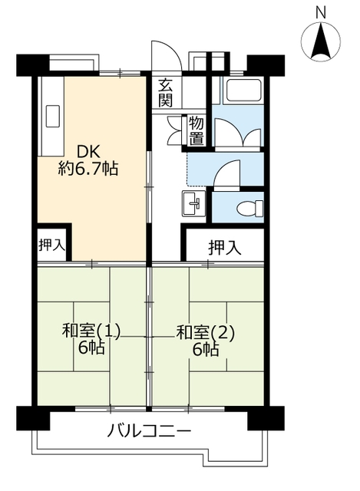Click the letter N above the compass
click(321, 13)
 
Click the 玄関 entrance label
click(166, 94)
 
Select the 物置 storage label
click(197, 131)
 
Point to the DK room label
click(88, 152)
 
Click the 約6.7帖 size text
click(88, 170)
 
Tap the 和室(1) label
click(91, 332)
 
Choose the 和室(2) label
click(206, 332)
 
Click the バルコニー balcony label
click(149, 430)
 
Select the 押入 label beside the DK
click(52, 245)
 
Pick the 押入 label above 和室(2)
click(225, 248)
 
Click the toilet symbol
click(250, 208)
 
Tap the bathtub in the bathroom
click(244, 91)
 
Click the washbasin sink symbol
click(193, 203)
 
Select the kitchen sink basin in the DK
click(53, 116)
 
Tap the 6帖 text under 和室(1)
click(91, 348)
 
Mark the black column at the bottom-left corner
click(33, 418)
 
